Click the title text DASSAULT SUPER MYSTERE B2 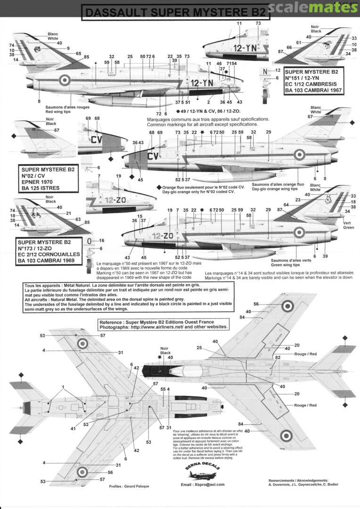(176, 13)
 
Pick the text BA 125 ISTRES (43, 188)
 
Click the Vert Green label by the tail (348, 225)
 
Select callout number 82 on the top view (278, 358)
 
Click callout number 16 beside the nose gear (101, 240)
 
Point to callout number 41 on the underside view (74, 428)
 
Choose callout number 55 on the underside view (163, 389)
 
